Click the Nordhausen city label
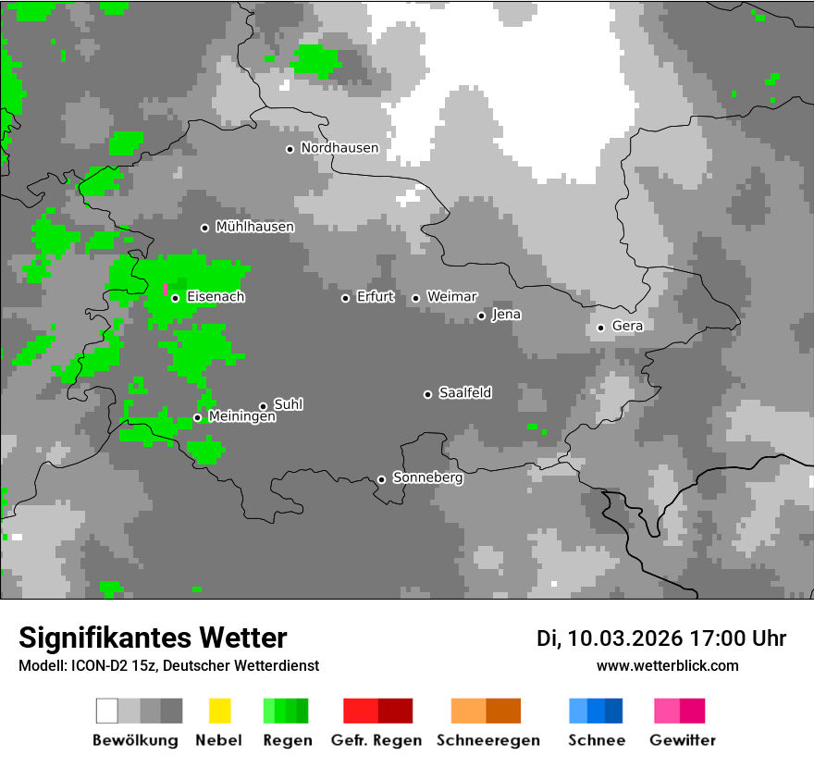[339, 148]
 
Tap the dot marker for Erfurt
[345, 298]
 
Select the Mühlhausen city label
[254, 227]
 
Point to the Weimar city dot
[415, 298]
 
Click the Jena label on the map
[506, 315]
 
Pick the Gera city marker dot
[600, 328]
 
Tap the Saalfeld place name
[464, 393]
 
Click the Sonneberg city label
[427, 478]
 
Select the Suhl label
[289, 404]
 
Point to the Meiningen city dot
[197, 418]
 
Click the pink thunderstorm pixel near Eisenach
[166, 290]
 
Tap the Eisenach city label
[216, 297]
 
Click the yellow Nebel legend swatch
[219, 711]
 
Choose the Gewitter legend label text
[683, 740]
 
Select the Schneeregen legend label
[488, 740]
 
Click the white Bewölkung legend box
[106, 711]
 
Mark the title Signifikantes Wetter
[153, 638]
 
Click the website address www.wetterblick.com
[667, 665]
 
